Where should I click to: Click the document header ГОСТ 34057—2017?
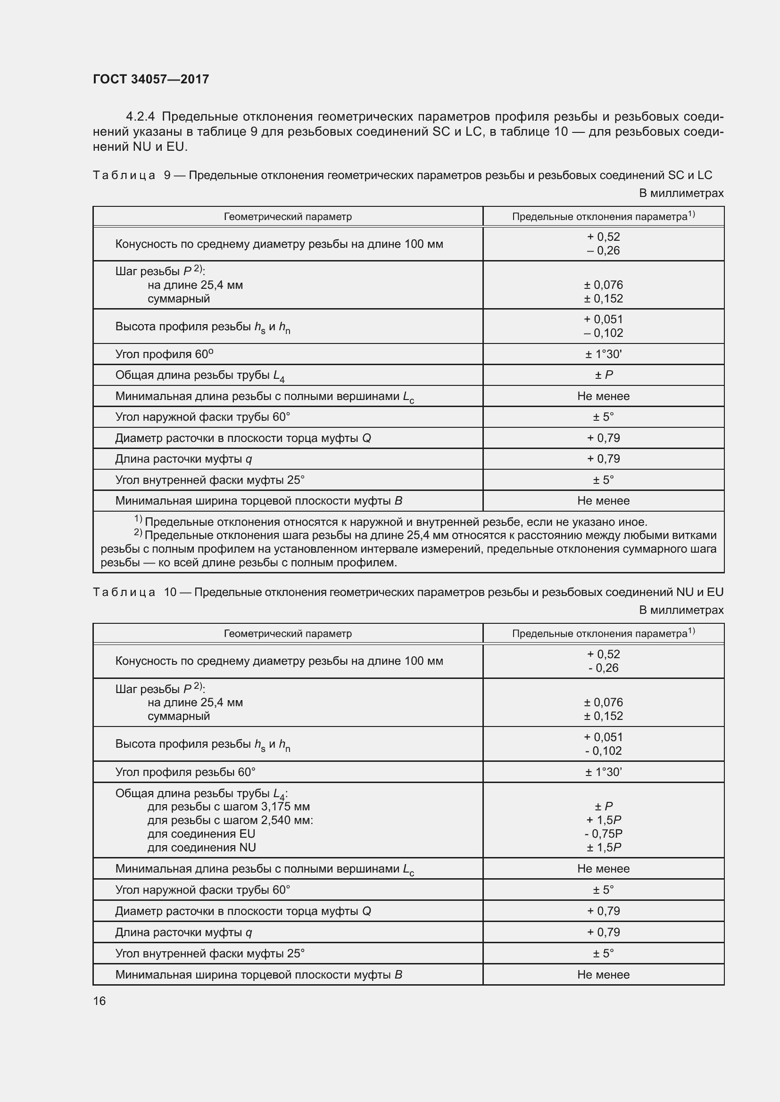coord(151,79)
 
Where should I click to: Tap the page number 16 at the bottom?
coord(100,1001)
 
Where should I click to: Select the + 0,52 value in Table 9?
coord(603,237)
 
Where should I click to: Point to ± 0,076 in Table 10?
coord(603,702)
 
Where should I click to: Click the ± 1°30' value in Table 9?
coord(603,354)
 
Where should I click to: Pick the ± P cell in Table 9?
coord(603,375)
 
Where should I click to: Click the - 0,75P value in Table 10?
coord(603,834)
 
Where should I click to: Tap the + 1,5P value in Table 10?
coord(603,820)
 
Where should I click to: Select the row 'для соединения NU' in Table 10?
coord(202,847)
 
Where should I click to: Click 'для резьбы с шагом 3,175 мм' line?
coord(229,806)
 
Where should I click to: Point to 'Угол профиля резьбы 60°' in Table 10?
coord(185,772)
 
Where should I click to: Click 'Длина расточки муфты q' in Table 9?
coord(183,459)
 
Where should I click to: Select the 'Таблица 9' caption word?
coord(124,175)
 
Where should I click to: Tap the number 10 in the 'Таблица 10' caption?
coord(170,592)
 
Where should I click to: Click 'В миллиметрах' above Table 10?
coord(681,610)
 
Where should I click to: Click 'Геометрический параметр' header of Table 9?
coord(288,216)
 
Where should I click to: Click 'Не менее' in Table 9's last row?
coord(603,501)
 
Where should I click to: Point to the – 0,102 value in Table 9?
coord(603,333)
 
